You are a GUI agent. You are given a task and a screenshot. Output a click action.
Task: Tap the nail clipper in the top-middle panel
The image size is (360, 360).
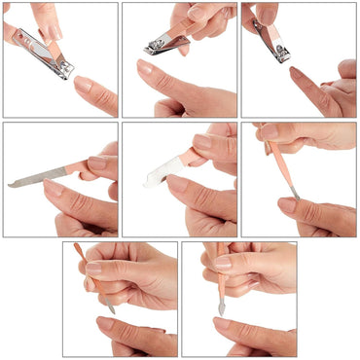tap(166, 44)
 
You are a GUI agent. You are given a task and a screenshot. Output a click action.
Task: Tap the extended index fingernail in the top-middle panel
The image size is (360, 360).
tap(145, 68)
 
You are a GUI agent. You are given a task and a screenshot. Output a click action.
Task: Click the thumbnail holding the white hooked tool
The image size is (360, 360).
tap(201, 142)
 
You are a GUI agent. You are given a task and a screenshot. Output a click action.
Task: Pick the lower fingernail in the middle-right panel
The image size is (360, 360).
tap(288, 205)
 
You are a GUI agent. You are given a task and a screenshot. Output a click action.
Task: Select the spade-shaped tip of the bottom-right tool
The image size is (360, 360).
tap(221, 308)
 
